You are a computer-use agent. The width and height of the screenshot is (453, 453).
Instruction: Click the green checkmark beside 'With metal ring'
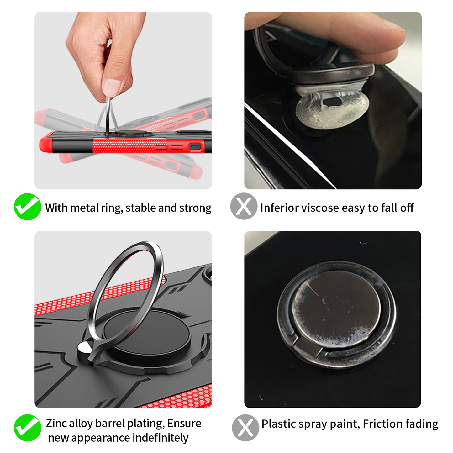28,207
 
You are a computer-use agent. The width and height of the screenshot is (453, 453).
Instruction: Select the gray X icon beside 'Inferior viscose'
244,206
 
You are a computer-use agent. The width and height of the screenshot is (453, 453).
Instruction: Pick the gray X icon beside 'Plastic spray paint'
245,428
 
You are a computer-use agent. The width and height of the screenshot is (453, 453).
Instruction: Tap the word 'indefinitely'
160,438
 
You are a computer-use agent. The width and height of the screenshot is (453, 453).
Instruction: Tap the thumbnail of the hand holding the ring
123,101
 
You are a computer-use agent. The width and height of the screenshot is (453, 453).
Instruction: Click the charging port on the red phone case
195,147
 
